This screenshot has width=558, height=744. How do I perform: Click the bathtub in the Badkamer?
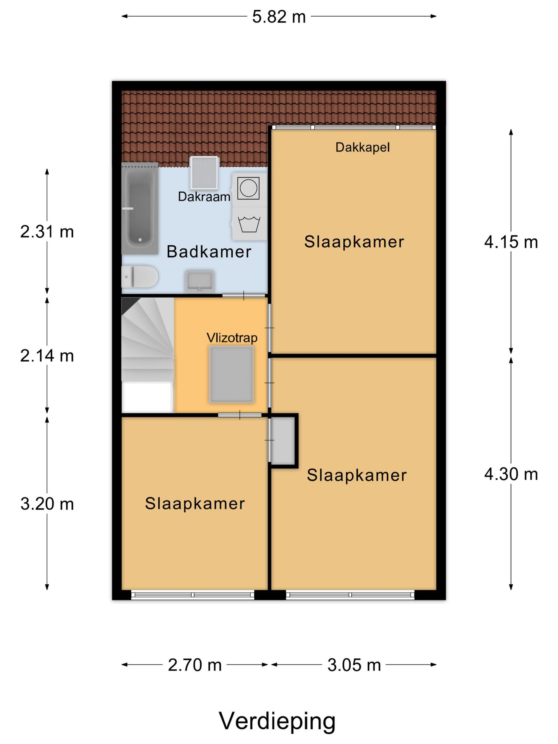point(140,208)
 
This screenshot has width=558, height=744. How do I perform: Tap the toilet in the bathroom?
point(139,277)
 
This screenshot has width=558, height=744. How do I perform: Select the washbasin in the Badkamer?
point(200,281)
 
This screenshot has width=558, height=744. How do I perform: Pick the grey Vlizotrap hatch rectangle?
point(231,374)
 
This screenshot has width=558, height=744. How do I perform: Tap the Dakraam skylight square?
point(204,173)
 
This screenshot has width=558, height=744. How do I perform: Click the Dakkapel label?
point(362,147)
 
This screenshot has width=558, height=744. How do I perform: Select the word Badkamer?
point(209,251)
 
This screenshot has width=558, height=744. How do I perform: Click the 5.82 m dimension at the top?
point(279,17)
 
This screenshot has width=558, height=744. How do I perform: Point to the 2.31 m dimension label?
point(47,232)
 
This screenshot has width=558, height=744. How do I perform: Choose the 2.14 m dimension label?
point(47,356)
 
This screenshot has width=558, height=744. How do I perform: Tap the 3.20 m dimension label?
point(47,504)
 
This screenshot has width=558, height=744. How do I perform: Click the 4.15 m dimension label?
point(511,242)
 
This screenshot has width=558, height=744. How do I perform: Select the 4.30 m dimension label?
point(511,474)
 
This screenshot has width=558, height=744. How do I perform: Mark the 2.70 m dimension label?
point(195,665)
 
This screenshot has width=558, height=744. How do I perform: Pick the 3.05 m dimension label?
point(354,665)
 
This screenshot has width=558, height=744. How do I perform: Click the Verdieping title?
point(277,721)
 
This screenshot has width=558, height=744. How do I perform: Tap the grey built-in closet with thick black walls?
point(283,441)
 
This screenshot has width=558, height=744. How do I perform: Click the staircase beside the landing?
point(148,355)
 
